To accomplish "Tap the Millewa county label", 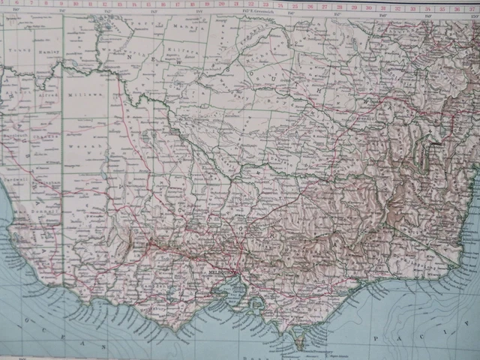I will (x=76, y=97).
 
